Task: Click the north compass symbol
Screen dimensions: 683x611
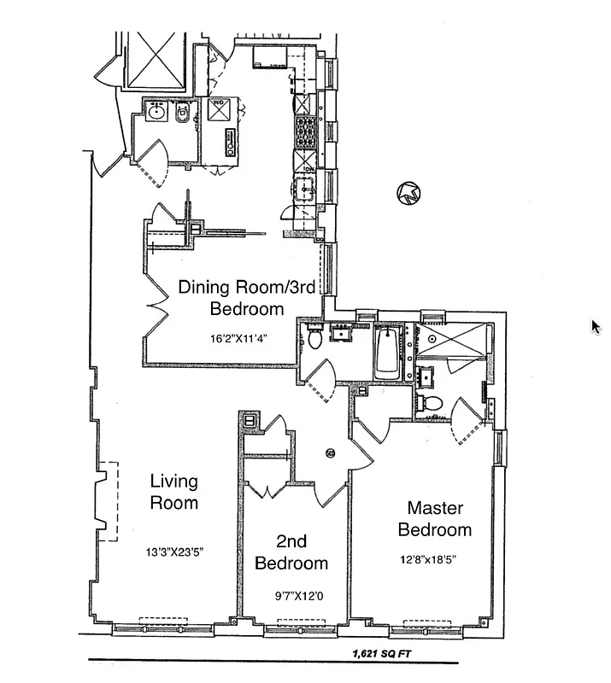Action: coord(408,194)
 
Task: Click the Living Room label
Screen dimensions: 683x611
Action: coord(174,492)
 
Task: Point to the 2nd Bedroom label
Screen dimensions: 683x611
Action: coord(291,552)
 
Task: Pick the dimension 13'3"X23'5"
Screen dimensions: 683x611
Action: coord(174,552)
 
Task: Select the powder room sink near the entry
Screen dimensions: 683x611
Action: coord(156,112)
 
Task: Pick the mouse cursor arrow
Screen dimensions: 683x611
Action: coord(596,326)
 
